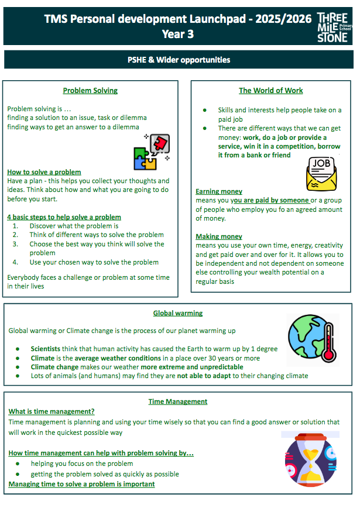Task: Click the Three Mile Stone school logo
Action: (x=336, y=27)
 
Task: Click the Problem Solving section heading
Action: (x=90, y=91)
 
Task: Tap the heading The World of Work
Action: (x=271, y=91)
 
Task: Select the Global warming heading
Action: (x=178, y=313)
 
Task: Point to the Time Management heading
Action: (x=178, y=401)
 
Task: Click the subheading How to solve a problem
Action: (x=44, y=172)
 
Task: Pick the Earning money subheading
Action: (x=219, y=191)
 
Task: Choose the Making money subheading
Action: (x=219, y=236)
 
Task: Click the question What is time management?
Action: (x=52, y=411)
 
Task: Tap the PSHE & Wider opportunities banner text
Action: (x=179, y=60)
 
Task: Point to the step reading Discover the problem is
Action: (x=74, y=226)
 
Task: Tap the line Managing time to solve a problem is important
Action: (x=81, y=484)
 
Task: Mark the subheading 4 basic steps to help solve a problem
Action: (x=64, y=217)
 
